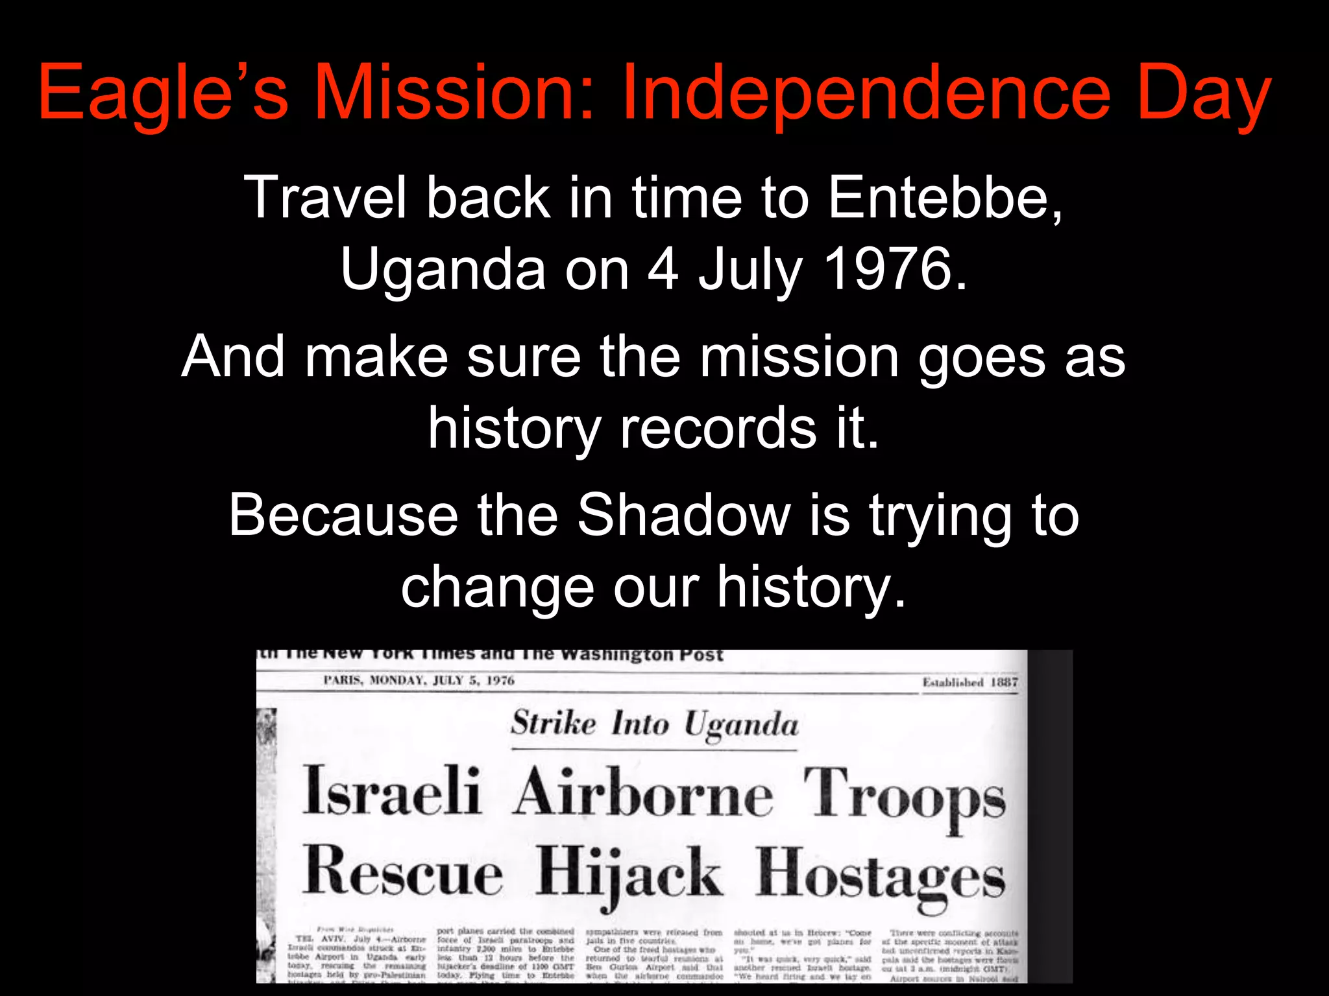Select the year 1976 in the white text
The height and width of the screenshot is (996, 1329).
[896, 269]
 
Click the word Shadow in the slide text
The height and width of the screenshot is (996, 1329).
[684, 515]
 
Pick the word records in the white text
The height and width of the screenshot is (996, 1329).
[718, 428]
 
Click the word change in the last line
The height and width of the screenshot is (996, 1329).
[497, 587]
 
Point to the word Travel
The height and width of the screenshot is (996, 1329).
[324, 198]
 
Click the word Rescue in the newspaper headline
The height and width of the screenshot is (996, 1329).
[402, 872]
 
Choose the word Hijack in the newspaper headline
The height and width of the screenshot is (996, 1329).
[628, 875]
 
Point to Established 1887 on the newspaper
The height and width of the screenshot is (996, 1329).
[969, 682]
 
